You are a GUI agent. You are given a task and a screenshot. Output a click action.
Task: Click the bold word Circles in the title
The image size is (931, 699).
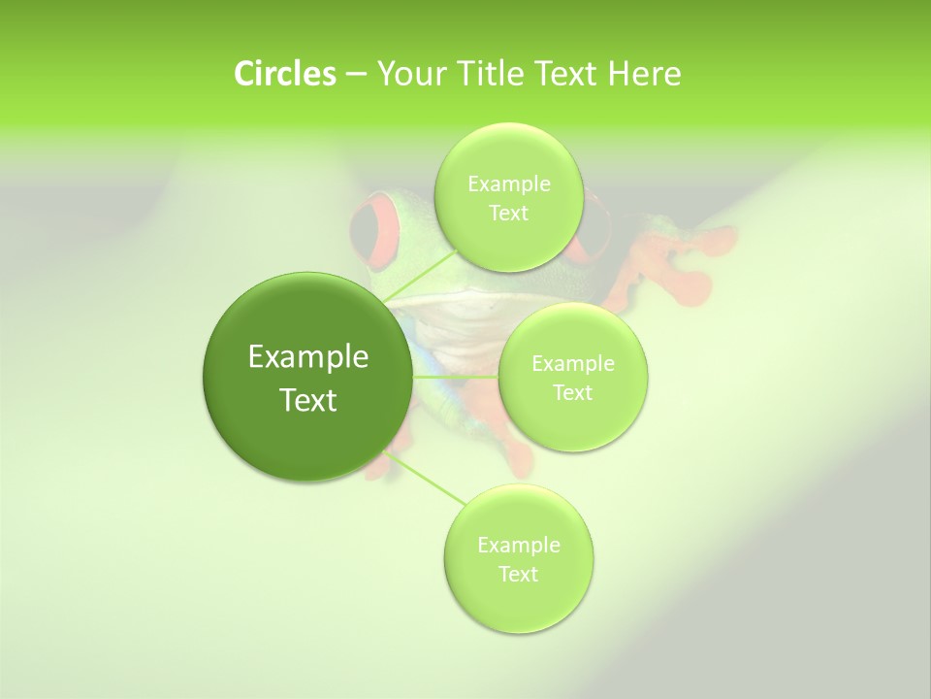pos(284,74)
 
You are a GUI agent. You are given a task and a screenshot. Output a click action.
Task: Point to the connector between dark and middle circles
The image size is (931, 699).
pos(456,377)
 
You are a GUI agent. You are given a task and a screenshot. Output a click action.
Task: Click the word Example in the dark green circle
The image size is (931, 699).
pos(308,357)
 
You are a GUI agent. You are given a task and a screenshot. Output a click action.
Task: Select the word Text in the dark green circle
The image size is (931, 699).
pos(308,400)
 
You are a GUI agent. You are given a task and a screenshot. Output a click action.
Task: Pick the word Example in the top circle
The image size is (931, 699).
pos(509,184)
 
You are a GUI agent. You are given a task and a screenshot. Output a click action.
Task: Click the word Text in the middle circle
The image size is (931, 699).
pos(572,393)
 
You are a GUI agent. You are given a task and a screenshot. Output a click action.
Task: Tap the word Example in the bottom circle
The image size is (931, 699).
pos(519,546)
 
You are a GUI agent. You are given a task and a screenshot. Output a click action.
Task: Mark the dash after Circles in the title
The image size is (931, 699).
pos(355,75)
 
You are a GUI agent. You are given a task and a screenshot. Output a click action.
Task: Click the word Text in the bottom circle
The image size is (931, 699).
pos(518,575)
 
